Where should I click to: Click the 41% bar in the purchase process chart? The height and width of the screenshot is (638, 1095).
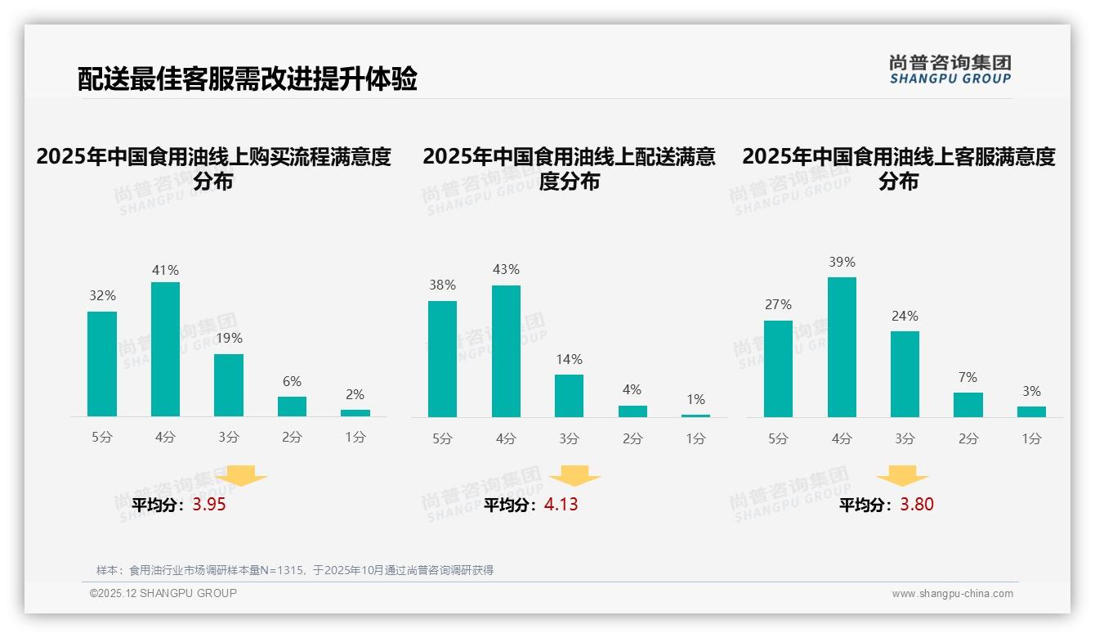165,349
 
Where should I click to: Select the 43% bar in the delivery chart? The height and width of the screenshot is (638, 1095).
506,351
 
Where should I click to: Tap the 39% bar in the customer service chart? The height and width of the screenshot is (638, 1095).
842,347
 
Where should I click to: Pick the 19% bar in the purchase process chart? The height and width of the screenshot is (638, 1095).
229,385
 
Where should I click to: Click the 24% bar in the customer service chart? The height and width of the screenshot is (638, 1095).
905,374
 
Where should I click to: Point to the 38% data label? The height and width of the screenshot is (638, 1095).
442,285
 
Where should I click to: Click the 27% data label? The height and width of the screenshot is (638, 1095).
778,304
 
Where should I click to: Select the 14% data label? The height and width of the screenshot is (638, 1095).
569,359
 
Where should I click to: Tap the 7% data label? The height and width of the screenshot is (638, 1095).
968,377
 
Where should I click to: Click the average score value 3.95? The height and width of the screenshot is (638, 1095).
209,505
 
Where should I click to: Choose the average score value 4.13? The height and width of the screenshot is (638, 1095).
561,505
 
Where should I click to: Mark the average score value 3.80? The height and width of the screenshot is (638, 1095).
917,505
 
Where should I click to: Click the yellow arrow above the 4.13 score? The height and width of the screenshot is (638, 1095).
574,475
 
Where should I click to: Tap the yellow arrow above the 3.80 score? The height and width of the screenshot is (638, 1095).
902,475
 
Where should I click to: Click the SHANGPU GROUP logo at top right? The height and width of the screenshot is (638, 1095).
950,70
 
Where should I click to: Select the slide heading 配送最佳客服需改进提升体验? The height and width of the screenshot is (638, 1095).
248,79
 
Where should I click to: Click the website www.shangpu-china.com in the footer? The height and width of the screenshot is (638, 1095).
952,594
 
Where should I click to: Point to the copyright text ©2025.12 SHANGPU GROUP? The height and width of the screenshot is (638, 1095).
163,593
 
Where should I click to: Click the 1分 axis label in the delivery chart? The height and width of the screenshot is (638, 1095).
695,438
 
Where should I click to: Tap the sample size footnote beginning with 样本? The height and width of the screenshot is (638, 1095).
295,570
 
